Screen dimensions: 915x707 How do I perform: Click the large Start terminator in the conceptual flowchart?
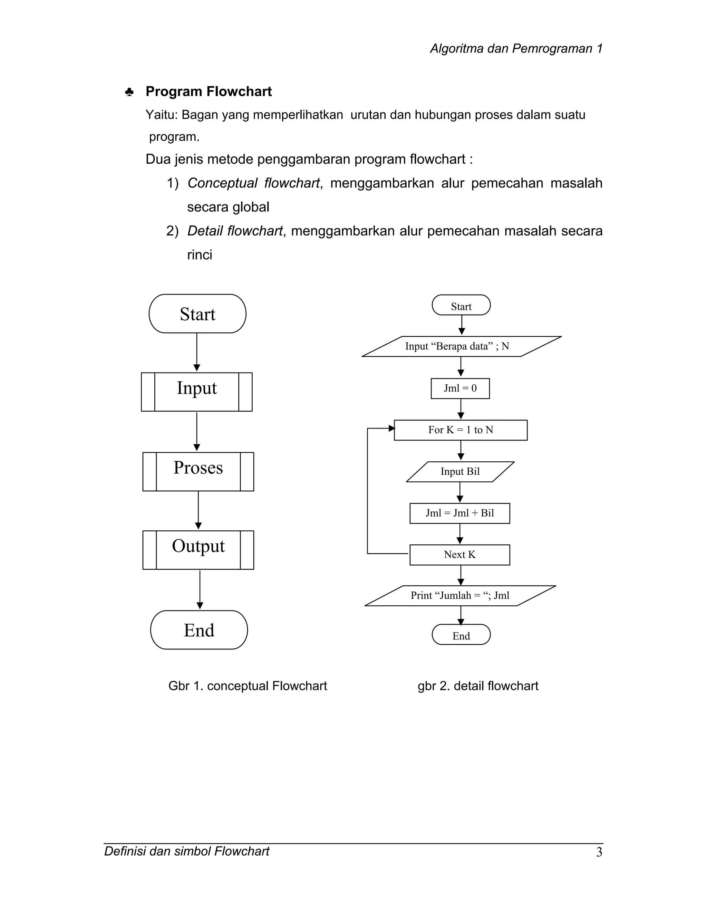tap(197, 314)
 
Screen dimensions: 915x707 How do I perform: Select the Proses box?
tap(198, 471)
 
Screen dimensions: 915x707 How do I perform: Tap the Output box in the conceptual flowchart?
tap(198, 550)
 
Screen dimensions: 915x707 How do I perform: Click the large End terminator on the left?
tap(199, 630)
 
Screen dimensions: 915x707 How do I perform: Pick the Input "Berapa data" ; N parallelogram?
tap(461, 346)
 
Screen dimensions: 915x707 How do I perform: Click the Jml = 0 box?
tap(460, 388)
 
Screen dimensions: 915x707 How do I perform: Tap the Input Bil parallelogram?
tap(460, 472)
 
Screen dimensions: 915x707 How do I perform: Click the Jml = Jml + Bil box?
tap(459, 513)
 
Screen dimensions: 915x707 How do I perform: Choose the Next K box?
tap(459, 555)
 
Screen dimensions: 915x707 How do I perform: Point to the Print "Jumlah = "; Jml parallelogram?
tap(460, 596)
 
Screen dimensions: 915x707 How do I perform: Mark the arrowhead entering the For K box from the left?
tap(391, 428)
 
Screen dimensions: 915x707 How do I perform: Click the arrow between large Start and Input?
tap(197, 352)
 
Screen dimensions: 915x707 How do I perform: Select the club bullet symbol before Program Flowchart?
tap(129, 92)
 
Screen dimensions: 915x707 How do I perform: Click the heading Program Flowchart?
tap(209, 91)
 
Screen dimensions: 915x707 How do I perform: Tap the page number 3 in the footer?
tap(599, 853)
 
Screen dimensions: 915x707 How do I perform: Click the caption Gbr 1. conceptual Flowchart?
tap(247, 686)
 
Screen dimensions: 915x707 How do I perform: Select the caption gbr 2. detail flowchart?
tap(477, 686)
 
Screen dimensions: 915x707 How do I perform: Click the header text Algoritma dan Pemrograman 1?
tap(516, 49)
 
